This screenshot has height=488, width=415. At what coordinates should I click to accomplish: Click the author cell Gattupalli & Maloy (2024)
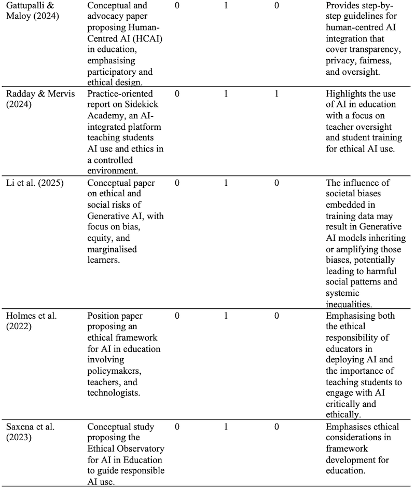coord(33,10)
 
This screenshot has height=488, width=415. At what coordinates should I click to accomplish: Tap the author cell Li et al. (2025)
coord(34,183)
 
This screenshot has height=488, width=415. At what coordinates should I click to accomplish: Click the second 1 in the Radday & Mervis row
coord(276,94)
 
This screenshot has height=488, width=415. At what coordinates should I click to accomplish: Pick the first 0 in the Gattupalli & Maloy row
coord(177,6)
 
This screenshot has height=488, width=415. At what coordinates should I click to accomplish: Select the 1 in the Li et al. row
coord(226,183)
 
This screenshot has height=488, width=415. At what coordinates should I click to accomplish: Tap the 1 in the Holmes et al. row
coord(226,316)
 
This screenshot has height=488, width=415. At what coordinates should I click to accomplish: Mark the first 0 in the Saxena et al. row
coord(177,427)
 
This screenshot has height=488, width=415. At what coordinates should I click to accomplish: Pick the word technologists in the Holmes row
coord(114,393)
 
